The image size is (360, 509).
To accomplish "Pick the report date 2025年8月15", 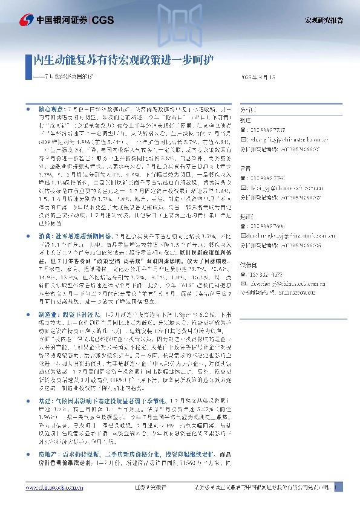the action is (x=258, y=77).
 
